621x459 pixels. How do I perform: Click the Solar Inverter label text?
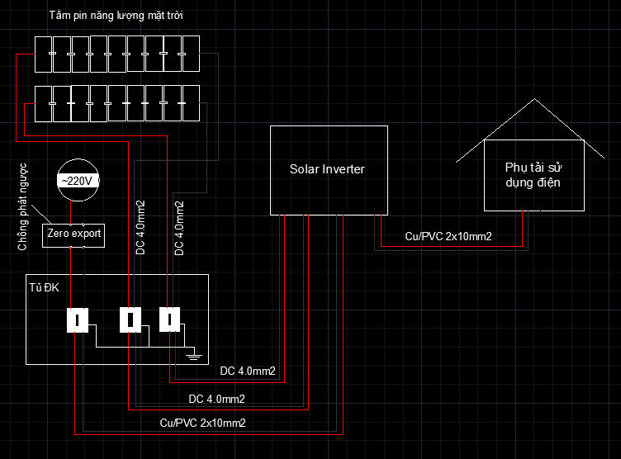coord(327,169)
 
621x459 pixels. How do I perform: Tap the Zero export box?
coord(73,235)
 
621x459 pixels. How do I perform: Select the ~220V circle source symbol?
coord(78,180)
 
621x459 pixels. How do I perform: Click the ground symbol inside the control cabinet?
coord(193,354)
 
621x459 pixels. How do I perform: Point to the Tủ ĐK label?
coord(44,287)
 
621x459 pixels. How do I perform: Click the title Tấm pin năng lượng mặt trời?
coord(116,16)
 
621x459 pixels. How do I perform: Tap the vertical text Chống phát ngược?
coord(22,206)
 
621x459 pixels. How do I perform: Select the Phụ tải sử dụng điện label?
coord(533,175)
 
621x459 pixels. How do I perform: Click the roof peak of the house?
coord(534,98)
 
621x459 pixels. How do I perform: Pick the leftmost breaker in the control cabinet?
coord(78,320)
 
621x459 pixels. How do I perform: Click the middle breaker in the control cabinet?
coord(130,319)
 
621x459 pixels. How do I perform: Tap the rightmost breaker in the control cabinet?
coord(169,319)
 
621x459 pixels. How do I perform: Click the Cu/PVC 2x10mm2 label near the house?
coord(448,236)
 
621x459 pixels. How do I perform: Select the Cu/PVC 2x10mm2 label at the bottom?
coord(202,423)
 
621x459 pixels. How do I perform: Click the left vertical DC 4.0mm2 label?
coord(140,228)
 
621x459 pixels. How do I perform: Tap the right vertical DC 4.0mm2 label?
coord(179,228)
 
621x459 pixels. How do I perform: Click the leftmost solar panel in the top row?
coord(43,54)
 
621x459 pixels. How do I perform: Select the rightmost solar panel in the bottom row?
coord(191,103)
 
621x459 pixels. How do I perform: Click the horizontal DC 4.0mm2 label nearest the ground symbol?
coord(248,371)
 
